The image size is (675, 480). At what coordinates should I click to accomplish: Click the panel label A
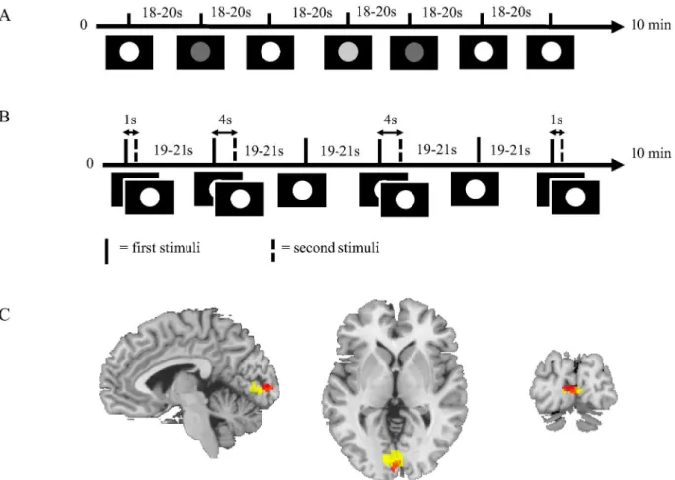[4, 16]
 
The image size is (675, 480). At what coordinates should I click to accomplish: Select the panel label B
[4, 117]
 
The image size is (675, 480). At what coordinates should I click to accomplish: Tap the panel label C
[4, 314]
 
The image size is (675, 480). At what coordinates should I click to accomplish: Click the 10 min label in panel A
[651, 24]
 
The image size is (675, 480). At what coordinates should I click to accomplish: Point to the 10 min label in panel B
[651, 153]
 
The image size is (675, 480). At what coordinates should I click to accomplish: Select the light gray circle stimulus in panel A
[348, 52]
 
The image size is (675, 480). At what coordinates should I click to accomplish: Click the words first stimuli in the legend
[166, 248]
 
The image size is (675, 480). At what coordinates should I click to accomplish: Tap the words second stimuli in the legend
[337, 248]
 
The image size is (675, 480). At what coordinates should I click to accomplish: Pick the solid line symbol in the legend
[106, 251]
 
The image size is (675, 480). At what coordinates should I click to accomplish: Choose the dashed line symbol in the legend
[273, 251]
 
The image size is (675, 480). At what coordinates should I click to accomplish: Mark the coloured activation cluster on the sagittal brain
[261, 387]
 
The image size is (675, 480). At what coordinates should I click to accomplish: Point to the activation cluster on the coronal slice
[571, 389]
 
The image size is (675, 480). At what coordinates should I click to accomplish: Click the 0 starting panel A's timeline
[84, 25]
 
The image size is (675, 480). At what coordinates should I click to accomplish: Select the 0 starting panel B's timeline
[90, 164]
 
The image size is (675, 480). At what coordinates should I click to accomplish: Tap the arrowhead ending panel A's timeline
[617, 27]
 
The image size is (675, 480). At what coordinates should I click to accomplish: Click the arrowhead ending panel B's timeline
[617, 165]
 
